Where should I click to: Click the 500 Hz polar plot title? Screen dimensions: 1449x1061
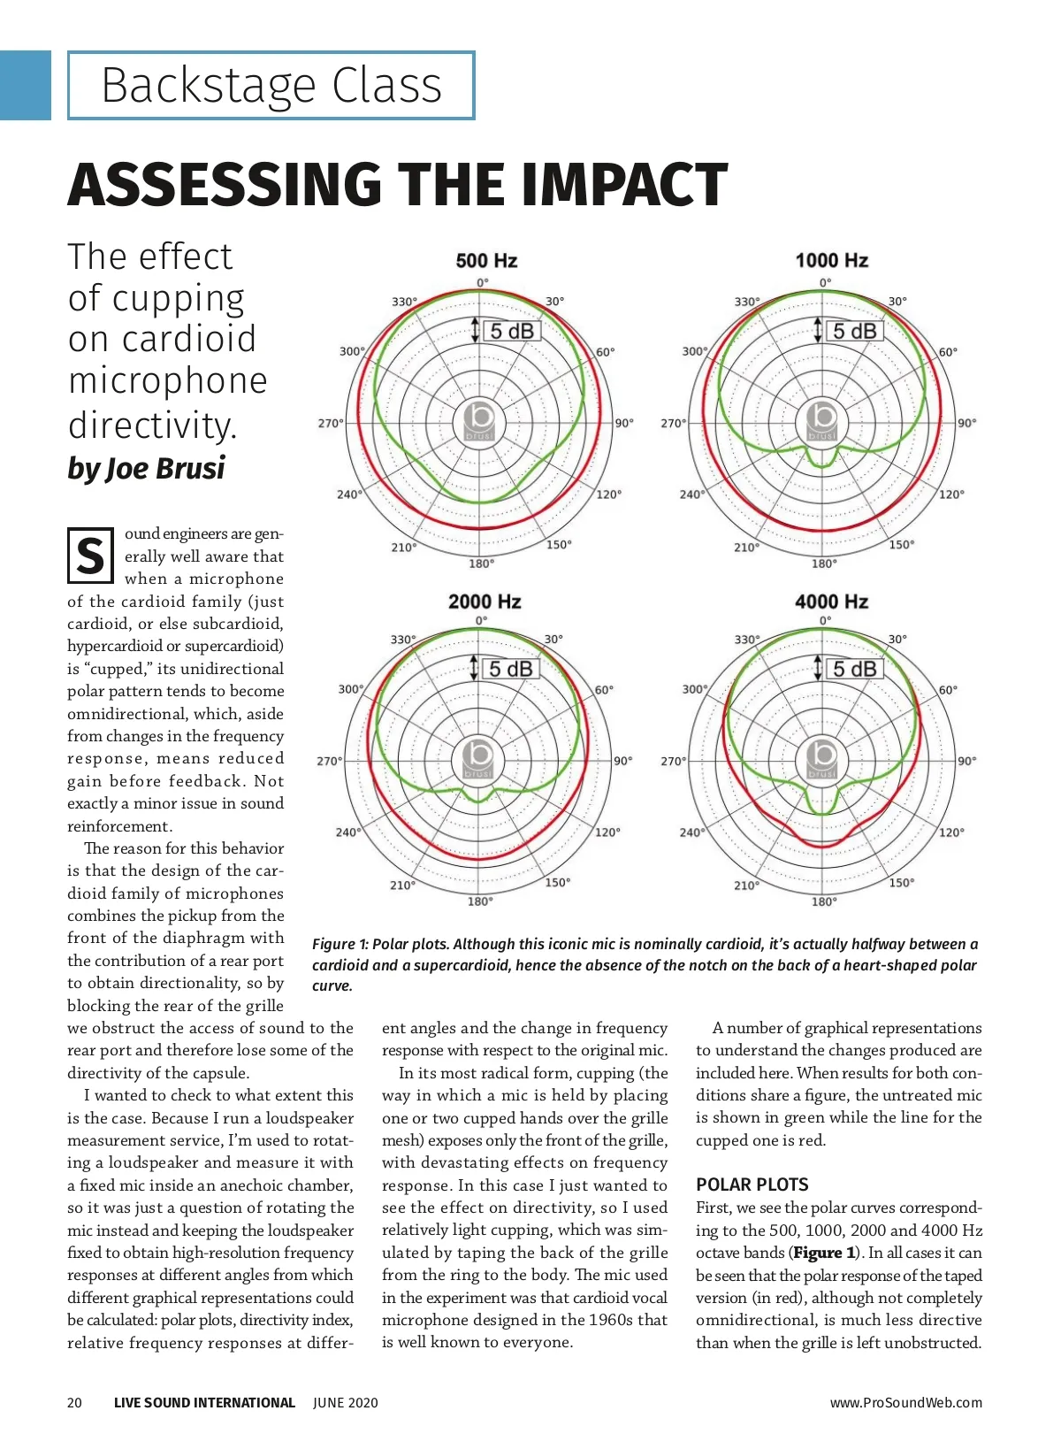486,261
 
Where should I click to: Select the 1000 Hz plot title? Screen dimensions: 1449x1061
831,261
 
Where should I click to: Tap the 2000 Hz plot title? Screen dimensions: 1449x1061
485,602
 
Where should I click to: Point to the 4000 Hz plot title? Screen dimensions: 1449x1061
831,602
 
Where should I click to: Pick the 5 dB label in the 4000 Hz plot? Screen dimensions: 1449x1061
854,669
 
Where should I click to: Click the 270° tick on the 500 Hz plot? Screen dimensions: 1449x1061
330,424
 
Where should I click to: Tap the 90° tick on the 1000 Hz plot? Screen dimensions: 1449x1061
967,423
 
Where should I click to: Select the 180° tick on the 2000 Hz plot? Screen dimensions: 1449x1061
480,901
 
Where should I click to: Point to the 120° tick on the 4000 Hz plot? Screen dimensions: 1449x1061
951,832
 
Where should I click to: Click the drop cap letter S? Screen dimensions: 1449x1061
90,556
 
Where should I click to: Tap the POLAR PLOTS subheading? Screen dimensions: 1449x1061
752,1184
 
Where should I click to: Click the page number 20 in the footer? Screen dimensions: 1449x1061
75,1402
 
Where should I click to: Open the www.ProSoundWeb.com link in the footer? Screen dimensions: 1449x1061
905,1402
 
